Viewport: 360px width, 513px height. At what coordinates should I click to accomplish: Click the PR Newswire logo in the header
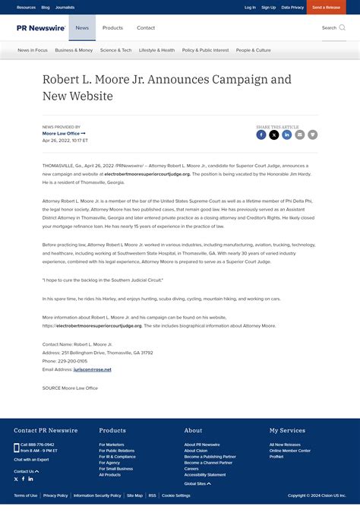[41, 28]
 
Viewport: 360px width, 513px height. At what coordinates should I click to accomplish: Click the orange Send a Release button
[327, 7]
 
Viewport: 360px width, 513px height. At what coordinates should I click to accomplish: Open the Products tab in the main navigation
[112, 28]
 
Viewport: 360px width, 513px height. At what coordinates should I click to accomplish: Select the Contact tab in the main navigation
[146, 28]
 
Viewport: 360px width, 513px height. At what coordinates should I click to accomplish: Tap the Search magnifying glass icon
[342, 28]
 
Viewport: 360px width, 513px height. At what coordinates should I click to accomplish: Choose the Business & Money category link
[74, 50]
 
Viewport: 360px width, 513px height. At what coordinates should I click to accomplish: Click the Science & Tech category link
[115, 50]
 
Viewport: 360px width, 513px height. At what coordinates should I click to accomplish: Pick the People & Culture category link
[253, 50]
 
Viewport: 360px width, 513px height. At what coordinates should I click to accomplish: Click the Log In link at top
[250, 7]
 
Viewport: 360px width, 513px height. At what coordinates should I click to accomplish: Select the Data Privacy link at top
[292, 7]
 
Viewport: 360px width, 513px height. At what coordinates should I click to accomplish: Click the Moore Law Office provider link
[63, 134]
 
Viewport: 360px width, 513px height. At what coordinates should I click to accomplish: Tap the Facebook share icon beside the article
[261, 135]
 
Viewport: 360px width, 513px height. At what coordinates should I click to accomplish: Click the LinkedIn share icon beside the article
[287, 135]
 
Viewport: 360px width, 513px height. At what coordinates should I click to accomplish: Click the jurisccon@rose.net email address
[93, 369]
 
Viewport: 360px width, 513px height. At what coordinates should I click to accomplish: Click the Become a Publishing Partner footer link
[210, 457]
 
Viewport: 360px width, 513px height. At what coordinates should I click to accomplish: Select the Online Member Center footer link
[289, 451]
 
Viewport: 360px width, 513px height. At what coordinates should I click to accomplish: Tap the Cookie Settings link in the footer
[176, 496]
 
